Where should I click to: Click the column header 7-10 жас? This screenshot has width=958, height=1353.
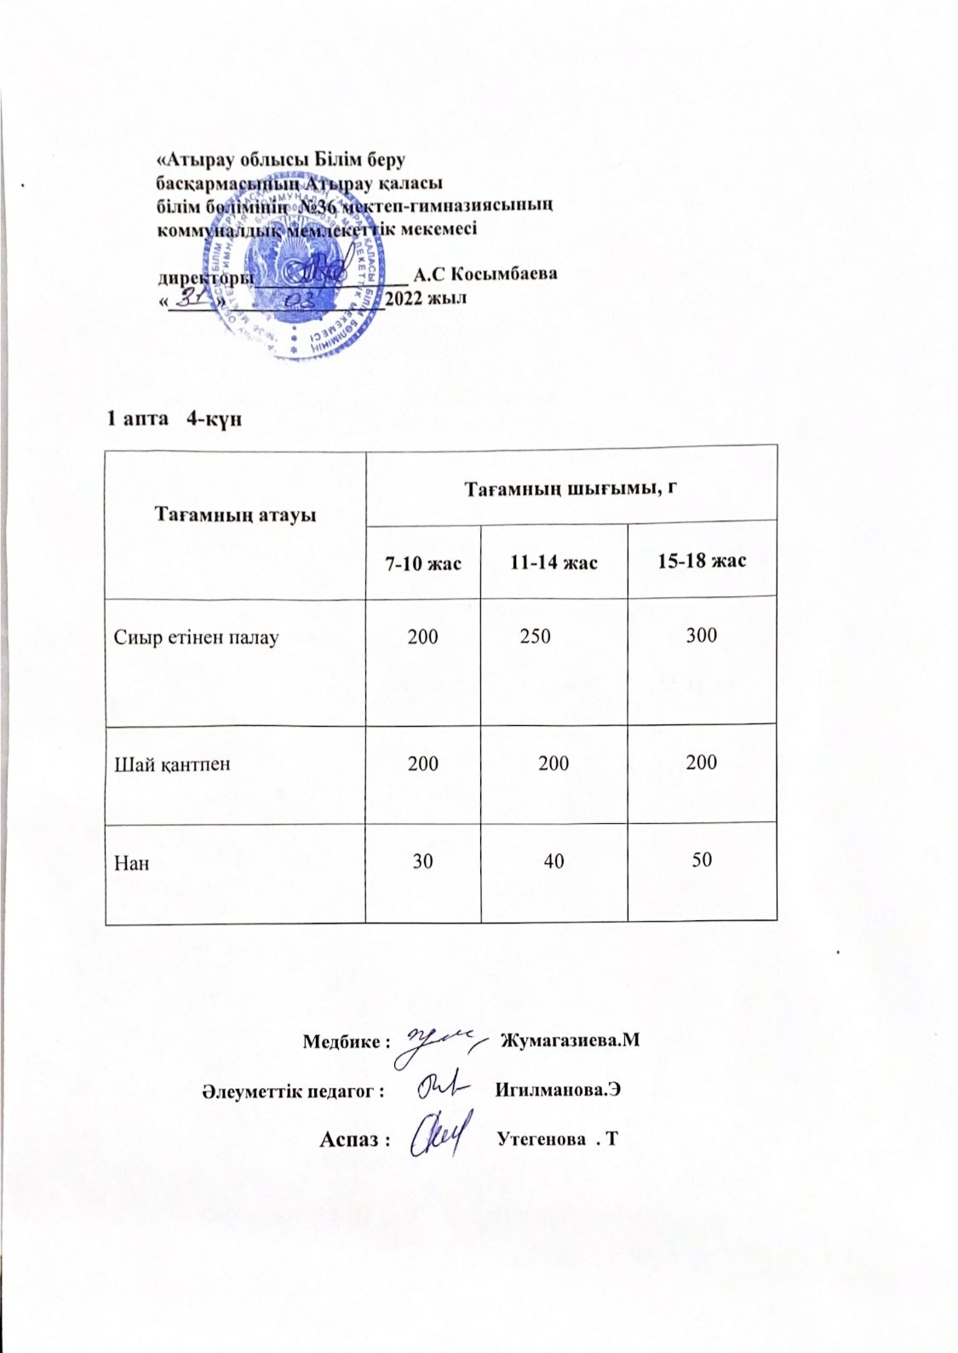click(x=423, y=562)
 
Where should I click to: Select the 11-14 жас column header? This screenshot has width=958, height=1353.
click(x=554, y=562)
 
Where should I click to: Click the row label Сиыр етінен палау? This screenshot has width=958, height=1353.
click(x=197, y=636)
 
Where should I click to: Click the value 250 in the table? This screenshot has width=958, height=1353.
click(x=535, y=636)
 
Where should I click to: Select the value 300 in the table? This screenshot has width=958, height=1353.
click(x=702, y=635)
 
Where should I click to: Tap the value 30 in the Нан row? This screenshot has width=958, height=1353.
click(x=422, y=861)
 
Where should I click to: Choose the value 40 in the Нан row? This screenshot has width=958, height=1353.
click(x=554, y=861)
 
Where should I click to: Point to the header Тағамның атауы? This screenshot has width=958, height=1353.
click(x=234, y=515)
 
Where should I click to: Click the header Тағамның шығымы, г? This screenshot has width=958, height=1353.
click(x=571, y=487)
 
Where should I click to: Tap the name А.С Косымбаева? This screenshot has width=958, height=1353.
click(x=485, y=274)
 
